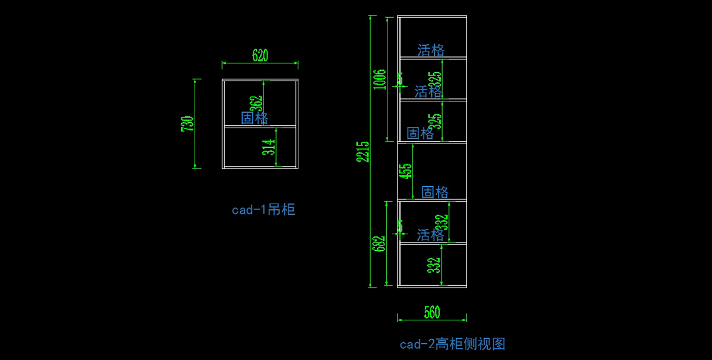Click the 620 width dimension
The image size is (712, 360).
tap(260, 56)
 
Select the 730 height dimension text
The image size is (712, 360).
tap(187, 123)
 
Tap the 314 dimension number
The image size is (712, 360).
tap(269, 146)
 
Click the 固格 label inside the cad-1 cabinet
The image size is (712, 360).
tap(255, 118)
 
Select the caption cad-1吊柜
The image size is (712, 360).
tap(263, 209)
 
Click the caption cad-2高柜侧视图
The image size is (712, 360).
tap(452, 344)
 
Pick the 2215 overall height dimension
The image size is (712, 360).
tap(363, 151)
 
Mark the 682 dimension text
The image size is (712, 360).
tap(380, 244)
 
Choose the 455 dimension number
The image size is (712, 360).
tap(405, 171)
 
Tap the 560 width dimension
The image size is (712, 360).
tap(432, 313)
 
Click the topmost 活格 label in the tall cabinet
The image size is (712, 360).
tap(431, 50)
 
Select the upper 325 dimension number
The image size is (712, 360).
tap(436, 79)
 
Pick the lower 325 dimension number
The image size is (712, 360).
tap(436, 121)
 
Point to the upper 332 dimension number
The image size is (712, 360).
tap(441, 222)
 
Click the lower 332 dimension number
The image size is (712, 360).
tap(435, 265)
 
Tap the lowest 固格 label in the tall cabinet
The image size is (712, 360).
tap(435, 192)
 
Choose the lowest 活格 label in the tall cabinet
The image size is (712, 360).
tap(430, 235)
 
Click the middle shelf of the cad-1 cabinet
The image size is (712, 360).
tap(260, 126)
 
